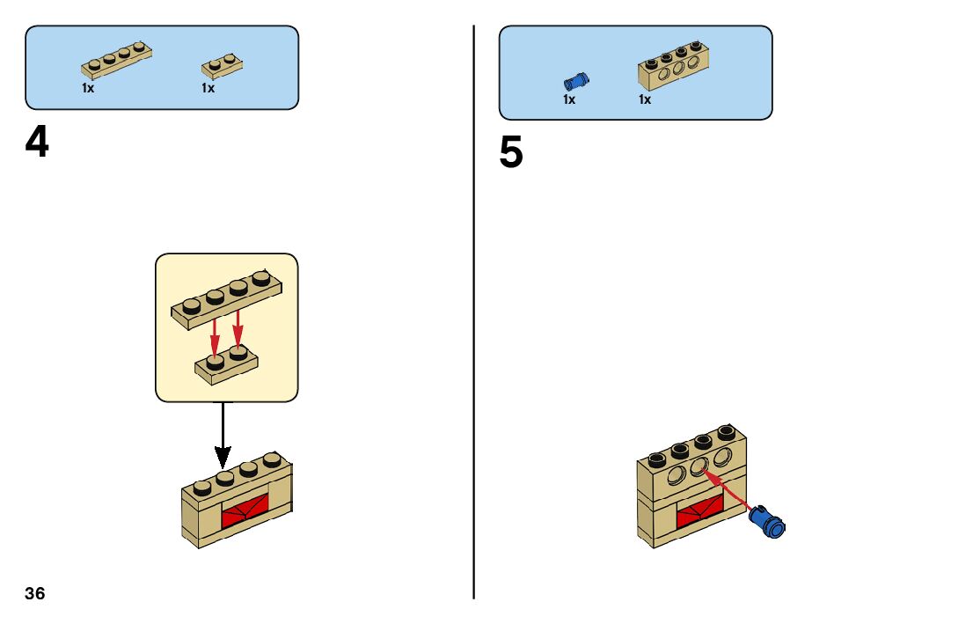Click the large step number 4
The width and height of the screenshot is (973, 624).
pyautogui.click(x=37, y=143)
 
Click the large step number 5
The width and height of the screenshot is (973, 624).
pyautogui.click(x=511, y=153)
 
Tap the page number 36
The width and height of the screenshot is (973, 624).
pyautogui.click(x=35, y=593)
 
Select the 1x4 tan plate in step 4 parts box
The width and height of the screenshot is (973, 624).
pyautogui.click(x=117, y=60)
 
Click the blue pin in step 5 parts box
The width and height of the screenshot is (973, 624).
pyautogui.click(x=576, y=81)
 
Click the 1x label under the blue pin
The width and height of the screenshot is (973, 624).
pyautogui.click(x=569, y=99)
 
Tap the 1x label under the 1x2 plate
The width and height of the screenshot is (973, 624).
pyautogui.click(x=208, y=88)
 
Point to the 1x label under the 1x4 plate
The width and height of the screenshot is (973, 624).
pyautogui.click(x=88, y=88)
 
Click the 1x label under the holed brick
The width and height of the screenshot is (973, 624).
pyautogui.click(x=645, y=99)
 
